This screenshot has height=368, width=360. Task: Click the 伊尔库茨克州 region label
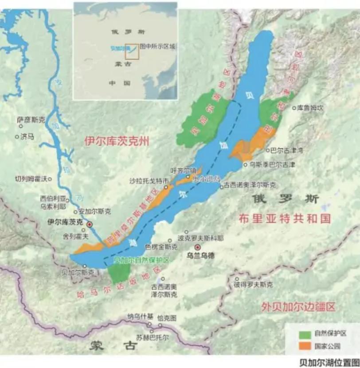(117, 141)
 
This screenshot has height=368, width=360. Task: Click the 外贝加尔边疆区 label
(298, 306)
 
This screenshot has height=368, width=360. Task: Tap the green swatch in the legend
(305, 333)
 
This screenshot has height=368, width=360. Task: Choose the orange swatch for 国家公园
(305, 346)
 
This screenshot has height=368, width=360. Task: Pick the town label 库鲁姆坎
(311, 107)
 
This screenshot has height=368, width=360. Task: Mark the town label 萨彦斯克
(31, 119)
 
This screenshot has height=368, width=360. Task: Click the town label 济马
(27, 137)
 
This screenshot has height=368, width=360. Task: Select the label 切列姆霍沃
(31, 179)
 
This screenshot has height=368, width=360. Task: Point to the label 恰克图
(167, 318)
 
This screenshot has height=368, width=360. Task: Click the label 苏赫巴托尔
(153, 337)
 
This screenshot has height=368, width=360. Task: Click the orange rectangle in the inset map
(133, 51)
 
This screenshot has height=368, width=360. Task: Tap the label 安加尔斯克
(95, 211)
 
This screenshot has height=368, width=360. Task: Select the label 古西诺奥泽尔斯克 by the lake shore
(250, 184)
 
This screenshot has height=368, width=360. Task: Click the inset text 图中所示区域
(158, 46)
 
